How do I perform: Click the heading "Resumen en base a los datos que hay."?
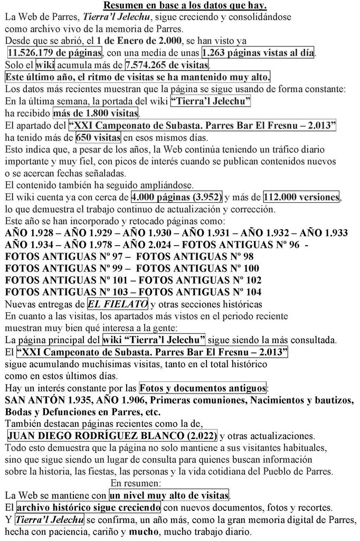tap(185, 6)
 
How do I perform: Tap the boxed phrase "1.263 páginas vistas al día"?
tap(258, 53)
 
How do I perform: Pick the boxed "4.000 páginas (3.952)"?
tap(177, 198)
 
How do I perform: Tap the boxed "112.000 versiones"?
tap(301, 198)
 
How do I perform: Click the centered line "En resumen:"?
tap(136, 483)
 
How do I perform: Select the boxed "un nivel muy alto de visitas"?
tap(169, 496)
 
